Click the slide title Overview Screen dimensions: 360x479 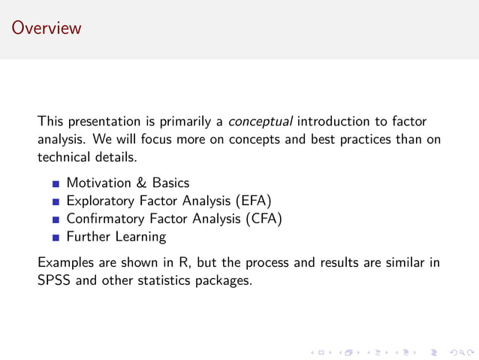(46, 29)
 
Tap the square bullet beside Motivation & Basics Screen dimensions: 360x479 (56, 183)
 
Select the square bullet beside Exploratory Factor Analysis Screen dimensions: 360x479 (56, 201)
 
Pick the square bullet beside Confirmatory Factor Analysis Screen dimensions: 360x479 (56, 219)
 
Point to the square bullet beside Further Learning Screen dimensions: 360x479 (56, 237)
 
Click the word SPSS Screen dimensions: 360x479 (54, 281)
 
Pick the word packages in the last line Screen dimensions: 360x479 (223, 282)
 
